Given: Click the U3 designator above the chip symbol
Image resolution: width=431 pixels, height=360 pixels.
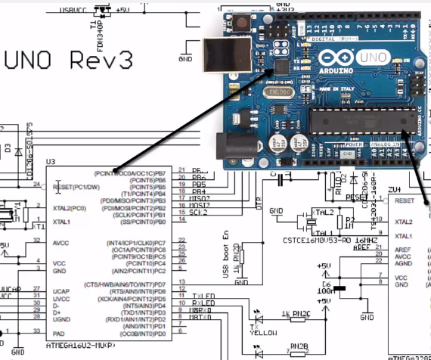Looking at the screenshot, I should click(51, 162).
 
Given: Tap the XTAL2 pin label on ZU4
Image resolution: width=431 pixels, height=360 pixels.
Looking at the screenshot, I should click(405, 223).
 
